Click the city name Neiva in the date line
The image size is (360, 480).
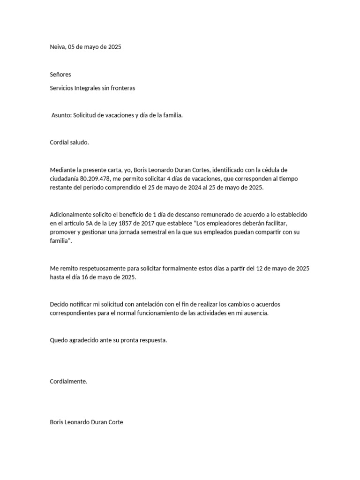[58, 47]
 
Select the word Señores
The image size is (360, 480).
[60, 75]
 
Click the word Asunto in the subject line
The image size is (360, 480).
[61, 115]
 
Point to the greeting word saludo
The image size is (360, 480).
[79, 142]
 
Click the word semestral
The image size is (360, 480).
[154, 232]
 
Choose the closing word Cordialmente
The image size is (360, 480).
[68, 382]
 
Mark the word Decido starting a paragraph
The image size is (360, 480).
[60, 304]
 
